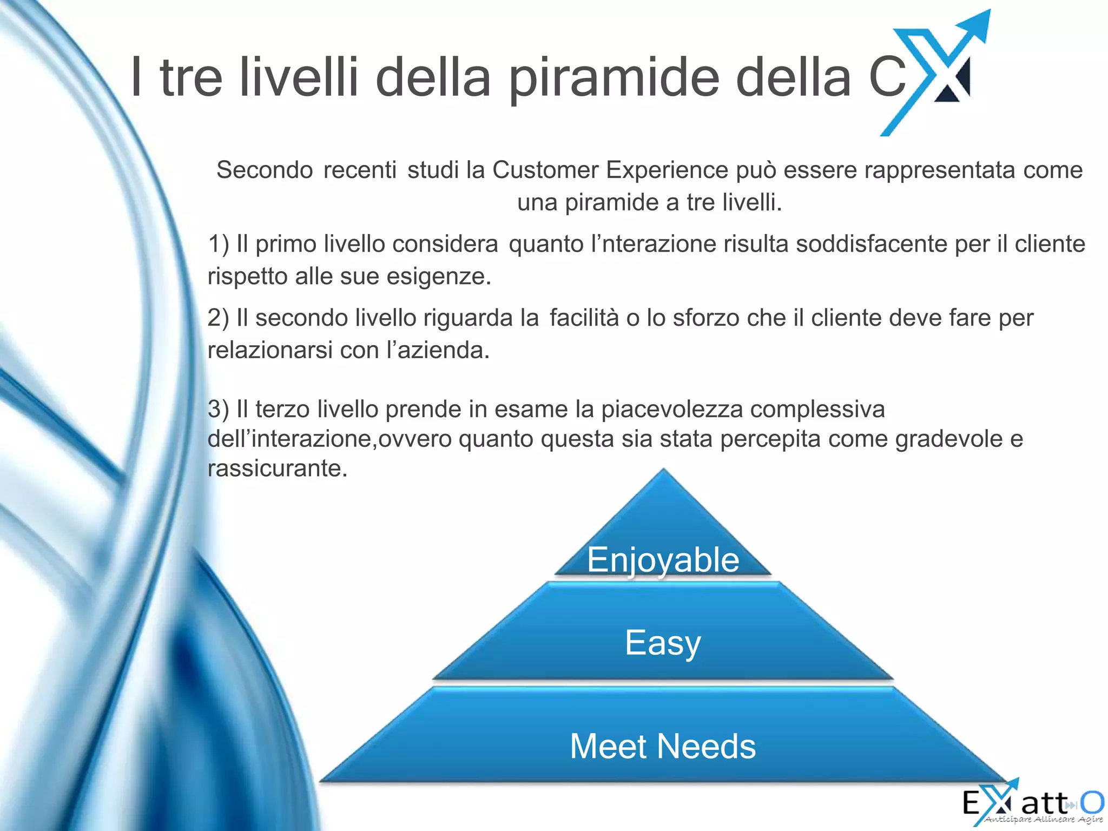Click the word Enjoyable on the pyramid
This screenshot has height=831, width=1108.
coord(663,560)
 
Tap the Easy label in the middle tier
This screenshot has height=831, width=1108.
coord(663,643)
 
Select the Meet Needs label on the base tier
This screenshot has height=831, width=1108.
coord(663,747)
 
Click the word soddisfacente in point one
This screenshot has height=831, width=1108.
coord(871,244)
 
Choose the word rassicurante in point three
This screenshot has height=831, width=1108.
coord(277,469)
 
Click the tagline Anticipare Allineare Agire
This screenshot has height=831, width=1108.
coord(1043,820)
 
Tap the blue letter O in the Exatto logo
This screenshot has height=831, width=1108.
coord(1092,802)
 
